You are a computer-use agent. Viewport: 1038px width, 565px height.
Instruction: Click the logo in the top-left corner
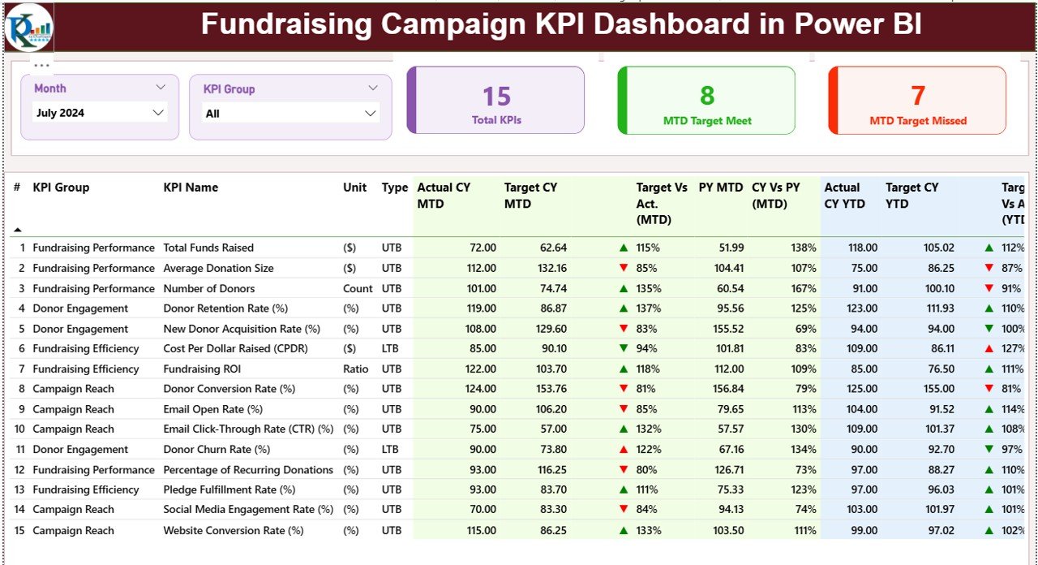[28, 28]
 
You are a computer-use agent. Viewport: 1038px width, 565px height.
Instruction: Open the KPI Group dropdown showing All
[290, 114]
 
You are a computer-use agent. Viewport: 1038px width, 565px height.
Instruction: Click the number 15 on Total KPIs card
[496, 97]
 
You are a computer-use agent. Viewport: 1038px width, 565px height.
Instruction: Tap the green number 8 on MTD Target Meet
[707, 96]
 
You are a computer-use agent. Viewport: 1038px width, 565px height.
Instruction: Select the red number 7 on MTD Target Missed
[918, 96]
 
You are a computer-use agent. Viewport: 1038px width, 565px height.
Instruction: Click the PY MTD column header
[720, 188]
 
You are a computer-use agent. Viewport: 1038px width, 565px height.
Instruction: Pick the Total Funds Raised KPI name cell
[208, 248]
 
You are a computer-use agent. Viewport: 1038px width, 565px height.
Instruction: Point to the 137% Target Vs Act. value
[648, 308]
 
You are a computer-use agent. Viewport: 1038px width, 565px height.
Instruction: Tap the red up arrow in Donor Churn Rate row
[623, 450]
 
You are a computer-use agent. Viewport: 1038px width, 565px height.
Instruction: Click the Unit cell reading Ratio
[356, 369]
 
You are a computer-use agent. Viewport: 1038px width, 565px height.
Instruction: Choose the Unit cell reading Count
[358, 288]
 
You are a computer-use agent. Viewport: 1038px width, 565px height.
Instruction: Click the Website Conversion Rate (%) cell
[234, 530]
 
